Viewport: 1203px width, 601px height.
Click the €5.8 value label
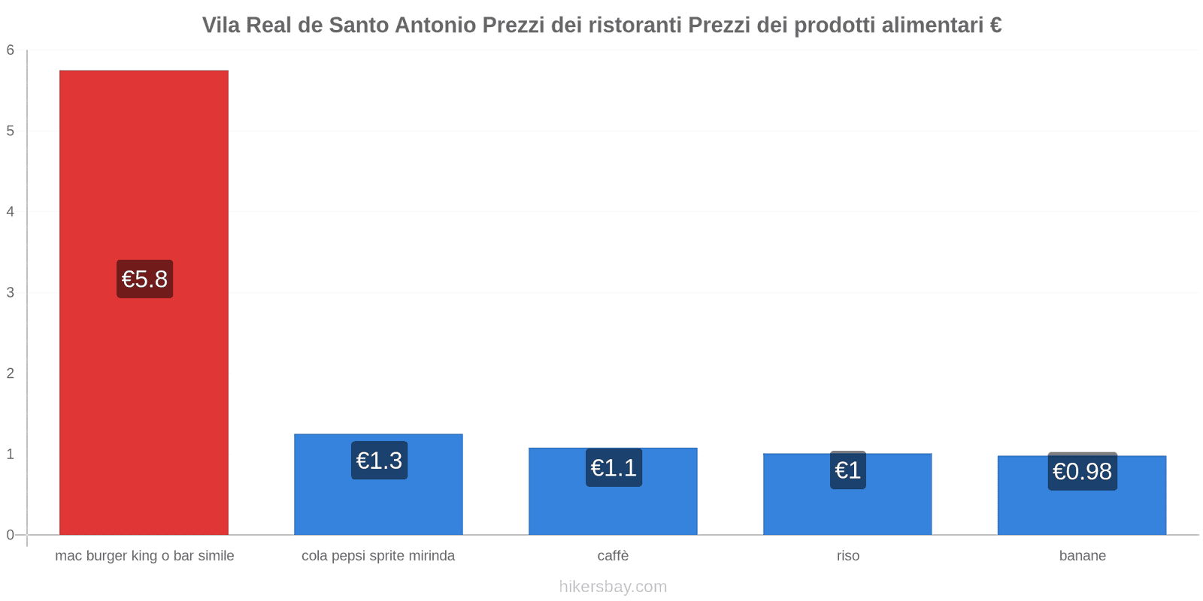(x=144, y=279)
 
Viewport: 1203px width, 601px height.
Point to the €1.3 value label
(x=379, y=461)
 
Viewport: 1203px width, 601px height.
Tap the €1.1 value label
(x=614, y=468)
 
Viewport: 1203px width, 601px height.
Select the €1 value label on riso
(x=847, y=470)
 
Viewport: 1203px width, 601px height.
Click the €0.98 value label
(x=1082, y=472)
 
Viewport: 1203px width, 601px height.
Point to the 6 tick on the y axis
(x=11, y=50)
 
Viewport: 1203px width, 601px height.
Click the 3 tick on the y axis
(x=11, y=293)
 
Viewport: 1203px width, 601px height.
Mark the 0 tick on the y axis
(x=11, y=535)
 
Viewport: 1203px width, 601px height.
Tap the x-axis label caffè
(x=613, y=556)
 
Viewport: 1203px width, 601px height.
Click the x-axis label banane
(x=1082, y=556)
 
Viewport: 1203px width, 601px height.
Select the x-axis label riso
(x=847, y=556)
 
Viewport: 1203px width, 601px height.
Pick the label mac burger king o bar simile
(x=144, y=556)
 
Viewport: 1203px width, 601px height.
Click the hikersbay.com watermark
(x=613, y=587)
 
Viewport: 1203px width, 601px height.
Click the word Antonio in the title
(x=435, y=26)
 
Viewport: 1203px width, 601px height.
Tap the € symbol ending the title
(x=995, y=26)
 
